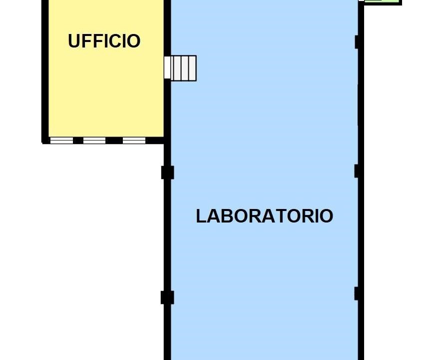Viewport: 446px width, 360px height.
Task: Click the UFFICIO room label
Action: [104, 41]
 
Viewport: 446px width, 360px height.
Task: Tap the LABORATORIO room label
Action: [264, 216]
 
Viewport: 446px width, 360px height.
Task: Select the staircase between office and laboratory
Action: [180, 68]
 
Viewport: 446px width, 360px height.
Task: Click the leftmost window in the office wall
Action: [61, 140]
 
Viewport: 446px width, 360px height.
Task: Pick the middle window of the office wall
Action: [94, 140]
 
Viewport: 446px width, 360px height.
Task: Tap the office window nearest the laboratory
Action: [134, 140]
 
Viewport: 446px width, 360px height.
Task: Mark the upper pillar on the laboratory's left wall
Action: [167, 172]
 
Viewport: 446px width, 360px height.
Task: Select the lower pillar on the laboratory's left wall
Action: [167, 297]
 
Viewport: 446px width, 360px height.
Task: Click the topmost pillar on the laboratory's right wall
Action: [357, 42]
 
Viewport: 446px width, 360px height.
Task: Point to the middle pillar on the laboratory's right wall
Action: [357, 171]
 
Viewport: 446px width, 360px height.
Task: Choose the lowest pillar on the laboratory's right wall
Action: [357, 293]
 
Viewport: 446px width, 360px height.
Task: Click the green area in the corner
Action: [383, 1]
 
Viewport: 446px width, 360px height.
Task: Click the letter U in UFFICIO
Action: [73, 41]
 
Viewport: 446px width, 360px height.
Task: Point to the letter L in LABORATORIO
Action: [201, 216]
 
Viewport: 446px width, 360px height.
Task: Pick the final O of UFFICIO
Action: [134, 41]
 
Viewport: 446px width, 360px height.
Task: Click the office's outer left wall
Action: [45, 71]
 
